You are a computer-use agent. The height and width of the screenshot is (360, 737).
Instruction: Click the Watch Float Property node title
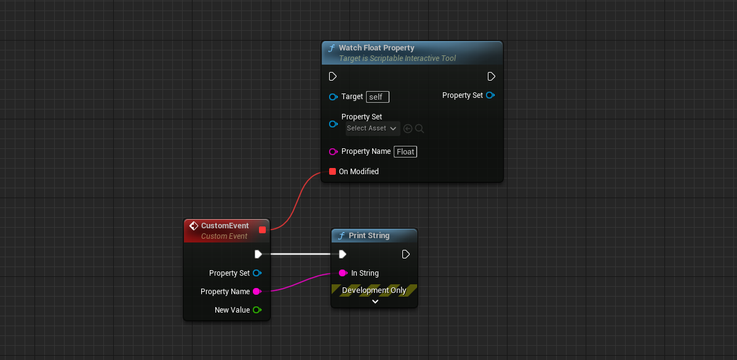376,48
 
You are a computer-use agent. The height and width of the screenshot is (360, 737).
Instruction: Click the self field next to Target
377,97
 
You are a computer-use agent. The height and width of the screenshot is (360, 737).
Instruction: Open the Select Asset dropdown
372,129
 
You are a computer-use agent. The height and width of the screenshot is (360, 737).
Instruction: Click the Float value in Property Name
405,152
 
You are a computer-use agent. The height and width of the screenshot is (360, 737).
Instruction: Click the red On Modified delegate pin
333,172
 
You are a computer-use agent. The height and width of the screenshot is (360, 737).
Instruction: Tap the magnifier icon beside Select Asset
420,129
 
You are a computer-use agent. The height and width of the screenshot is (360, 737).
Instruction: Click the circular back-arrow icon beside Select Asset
408,129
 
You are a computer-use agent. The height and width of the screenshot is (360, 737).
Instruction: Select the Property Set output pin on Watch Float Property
490,95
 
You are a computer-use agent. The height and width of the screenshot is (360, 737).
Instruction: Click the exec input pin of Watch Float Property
333,77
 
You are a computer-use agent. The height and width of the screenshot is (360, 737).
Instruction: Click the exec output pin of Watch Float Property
491,77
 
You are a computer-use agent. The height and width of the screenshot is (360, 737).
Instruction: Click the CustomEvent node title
225,226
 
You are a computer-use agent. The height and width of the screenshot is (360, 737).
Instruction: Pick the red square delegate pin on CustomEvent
263,230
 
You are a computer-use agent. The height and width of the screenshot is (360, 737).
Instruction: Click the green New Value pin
257,310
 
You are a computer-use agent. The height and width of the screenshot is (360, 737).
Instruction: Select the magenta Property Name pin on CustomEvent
257,292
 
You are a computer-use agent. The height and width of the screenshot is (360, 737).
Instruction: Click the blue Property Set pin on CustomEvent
257,273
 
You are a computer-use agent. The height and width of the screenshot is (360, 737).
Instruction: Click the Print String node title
368,236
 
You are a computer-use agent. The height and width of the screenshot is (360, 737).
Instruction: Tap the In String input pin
343,273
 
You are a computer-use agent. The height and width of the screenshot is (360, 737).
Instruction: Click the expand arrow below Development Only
375,302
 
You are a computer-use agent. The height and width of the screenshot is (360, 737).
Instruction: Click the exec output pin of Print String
405,255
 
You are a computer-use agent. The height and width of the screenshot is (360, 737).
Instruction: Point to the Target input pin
333,97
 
